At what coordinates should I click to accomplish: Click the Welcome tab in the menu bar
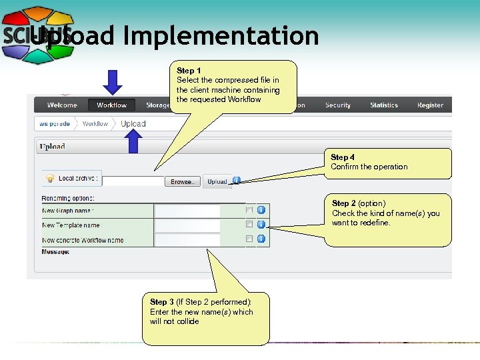click(x=62, y=105)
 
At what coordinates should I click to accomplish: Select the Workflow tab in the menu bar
click(x=111, y=105)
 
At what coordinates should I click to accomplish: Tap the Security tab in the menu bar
click(x=337, y=105)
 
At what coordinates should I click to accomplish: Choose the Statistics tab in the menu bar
click(x=384, y=105)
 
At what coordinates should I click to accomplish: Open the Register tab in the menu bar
click(x=430, y=105)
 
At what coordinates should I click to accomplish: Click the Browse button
click(x=182, y=181)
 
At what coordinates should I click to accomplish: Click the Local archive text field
click(x=133, y=181)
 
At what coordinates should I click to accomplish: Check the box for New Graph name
click(x=249, y=209)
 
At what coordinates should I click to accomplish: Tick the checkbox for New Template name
click(x=249, y=224)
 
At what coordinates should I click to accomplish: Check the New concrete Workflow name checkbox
click(x=249, y=239)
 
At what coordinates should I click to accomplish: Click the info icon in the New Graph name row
click(x=261, y=209)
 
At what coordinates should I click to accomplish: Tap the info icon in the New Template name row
click(x=261, y=224)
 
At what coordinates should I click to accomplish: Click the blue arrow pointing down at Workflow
click(x=113, y=82)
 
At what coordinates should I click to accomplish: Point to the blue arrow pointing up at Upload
click(x=135, y=142)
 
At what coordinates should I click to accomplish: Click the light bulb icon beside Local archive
click(x=49, y=178)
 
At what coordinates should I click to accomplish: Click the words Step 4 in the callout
click(x=343, y=157)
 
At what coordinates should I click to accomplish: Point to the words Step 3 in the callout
click(x=162, y=302)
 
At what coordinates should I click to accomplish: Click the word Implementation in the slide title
click(x=221, y=36)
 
